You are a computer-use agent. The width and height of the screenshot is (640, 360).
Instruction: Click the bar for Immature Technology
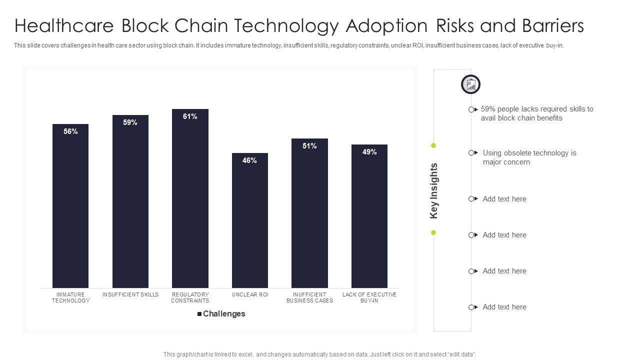[70, 210]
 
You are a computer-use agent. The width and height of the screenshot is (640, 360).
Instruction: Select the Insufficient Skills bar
[130, 205]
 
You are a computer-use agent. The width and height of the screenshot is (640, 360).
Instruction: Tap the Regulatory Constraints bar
[190, 200]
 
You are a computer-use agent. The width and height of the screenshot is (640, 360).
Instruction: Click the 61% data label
[190, 116]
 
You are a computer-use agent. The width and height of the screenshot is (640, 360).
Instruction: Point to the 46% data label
[249, 160]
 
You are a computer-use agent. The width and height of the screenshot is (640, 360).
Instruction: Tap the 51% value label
[309, 146]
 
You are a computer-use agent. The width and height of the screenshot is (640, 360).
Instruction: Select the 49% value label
[369, 152]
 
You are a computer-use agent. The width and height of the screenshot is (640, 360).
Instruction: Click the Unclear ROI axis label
[250, 294]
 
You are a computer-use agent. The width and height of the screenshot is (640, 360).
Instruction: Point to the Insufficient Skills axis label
[130, 294]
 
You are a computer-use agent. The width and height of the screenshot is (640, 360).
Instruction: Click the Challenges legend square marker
[199, 314]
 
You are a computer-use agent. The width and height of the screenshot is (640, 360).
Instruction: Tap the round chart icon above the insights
[470, 84]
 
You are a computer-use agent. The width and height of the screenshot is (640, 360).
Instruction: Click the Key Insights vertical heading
[434, 190]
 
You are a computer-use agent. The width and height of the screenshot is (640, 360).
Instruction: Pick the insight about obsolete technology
[529, 157]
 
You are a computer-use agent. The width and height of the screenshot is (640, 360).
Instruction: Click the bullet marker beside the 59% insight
[471, 109]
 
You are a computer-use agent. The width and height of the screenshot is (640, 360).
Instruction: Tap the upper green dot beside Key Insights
[433, 145]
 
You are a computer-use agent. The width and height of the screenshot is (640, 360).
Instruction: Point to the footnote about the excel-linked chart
[319, 354]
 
